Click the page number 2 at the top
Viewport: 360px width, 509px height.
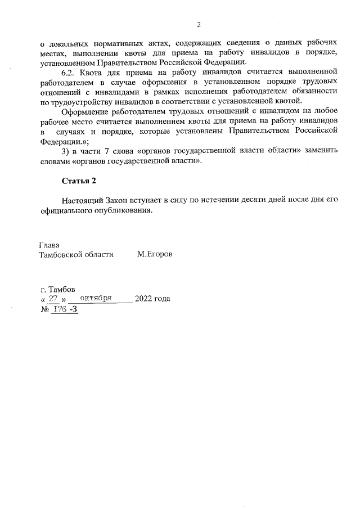[199, 24]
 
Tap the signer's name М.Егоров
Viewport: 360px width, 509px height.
[155, 254]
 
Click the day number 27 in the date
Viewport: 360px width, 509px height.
[54, 299]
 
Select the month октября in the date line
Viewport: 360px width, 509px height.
[98, 298]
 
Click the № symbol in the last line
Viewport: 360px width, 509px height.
[43, 309]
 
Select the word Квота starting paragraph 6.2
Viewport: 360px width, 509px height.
[93, 72]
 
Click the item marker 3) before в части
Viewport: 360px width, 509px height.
[66, 151]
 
